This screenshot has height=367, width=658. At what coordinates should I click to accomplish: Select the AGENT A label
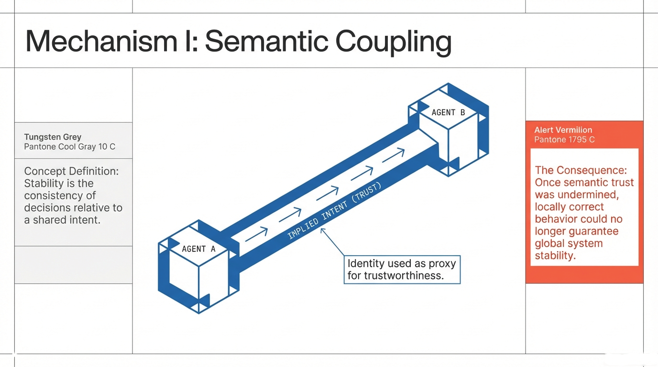(198, 249)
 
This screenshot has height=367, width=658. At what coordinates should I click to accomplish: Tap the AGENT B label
(448, 112)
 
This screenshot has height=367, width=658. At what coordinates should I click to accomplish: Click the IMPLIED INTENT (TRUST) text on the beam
(334, 211)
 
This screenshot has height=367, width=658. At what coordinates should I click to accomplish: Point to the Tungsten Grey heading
(53, 137)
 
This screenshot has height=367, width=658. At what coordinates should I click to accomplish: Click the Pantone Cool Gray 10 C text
(69, 147)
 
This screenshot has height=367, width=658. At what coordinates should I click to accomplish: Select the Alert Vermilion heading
(563, 130)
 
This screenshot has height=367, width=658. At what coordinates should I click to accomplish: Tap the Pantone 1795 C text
(564, 140)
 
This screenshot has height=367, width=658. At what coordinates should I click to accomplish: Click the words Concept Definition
(71, 171)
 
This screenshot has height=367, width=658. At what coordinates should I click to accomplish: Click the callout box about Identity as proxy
(402, 270)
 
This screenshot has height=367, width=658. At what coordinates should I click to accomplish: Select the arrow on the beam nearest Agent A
(256, 233)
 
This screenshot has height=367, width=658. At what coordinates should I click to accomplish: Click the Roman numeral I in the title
(195, 41)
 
